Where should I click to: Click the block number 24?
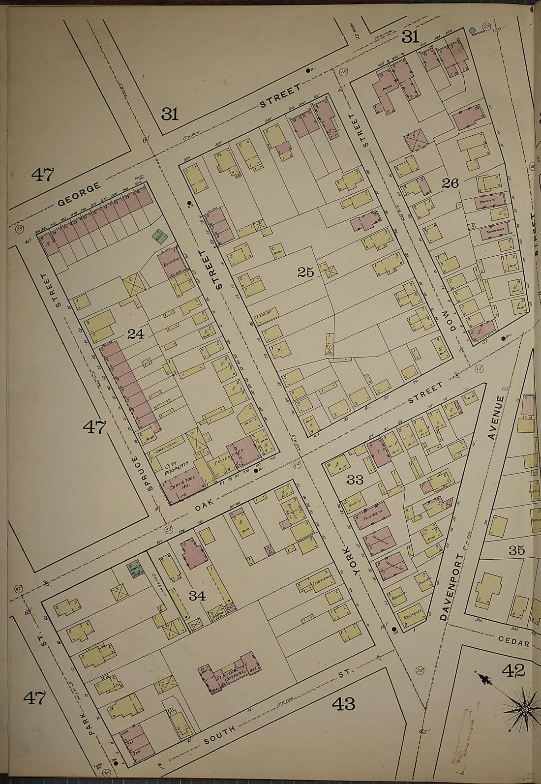135,334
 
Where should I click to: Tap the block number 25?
305,272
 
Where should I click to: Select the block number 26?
450,183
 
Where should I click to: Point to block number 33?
355,480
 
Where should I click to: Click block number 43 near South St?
343,704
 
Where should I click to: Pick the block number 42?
513,670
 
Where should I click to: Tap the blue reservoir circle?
473,30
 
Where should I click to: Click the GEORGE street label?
79,194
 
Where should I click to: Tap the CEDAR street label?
513,643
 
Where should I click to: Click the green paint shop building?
134,570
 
